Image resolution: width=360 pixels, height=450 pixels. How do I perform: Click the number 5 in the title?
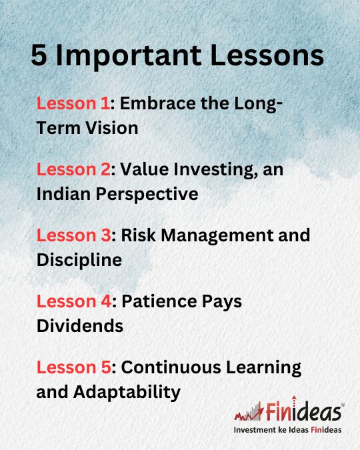coord(39,55)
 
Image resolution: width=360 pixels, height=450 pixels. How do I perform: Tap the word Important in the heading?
coord(128,57)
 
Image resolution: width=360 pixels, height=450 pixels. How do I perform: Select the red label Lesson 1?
coord(73,103)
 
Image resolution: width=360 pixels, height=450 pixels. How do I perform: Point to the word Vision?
coord(112,128)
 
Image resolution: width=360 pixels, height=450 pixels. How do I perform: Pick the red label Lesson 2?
coord(73,169)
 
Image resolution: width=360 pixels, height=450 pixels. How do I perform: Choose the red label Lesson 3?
coord(74,235)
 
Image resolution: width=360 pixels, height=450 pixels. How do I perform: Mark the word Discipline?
coord(79,261)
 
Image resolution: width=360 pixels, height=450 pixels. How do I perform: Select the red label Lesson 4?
coord(74,301)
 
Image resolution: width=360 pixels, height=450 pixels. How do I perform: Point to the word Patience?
coord(159,301)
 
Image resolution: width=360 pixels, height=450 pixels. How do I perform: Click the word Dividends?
coord(80,326)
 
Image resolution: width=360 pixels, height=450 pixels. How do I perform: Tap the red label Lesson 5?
coord(74,367)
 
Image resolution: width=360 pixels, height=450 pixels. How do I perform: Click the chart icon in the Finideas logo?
coord(249,412)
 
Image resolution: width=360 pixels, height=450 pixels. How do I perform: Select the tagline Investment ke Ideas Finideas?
coord(287,430)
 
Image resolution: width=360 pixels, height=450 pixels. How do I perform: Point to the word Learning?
coord(264,369)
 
